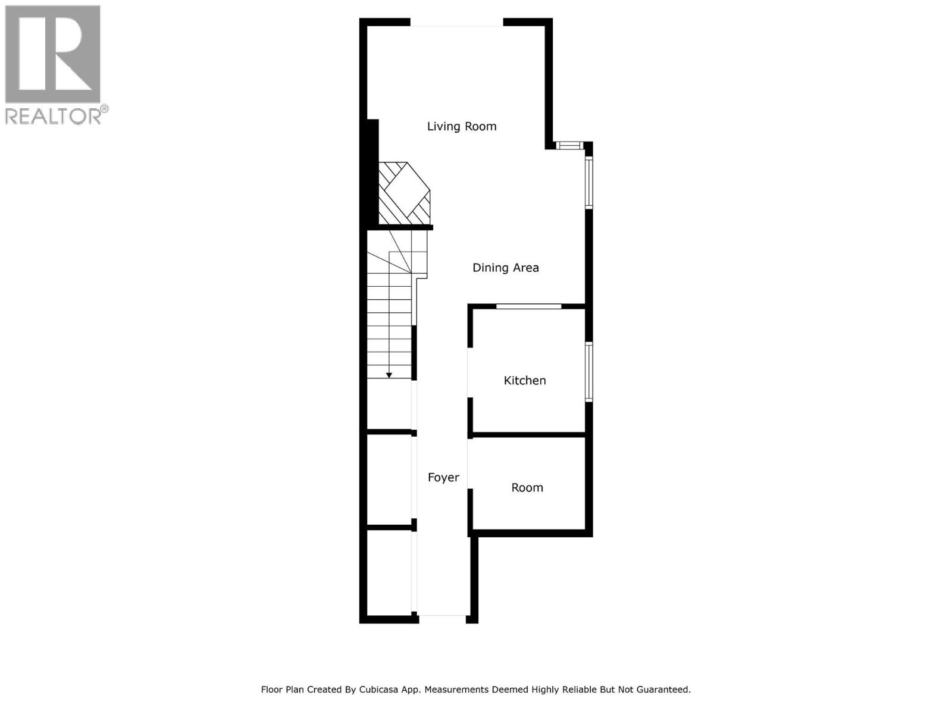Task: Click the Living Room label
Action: click(462, 126)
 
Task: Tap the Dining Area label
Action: click(505, 268)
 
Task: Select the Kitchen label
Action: click(524, 380)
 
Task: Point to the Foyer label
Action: click(443, 477)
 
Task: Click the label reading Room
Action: click(527, 488)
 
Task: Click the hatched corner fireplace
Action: click(404, 193)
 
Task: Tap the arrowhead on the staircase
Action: click(389, 375)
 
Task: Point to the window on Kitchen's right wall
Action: click(588, 372)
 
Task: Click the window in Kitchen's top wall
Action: click(528, 306)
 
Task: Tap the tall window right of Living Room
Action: click(588, 182)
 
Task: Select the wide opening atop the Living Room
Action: click(456, 23)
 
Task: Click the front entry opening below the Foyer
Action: click(442, 619)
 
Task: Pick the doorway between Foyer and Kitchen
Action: click(469, 373)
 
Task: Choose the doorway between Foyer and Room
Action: click(469, 464)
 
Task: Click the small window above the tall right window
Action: click(569, 145)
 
